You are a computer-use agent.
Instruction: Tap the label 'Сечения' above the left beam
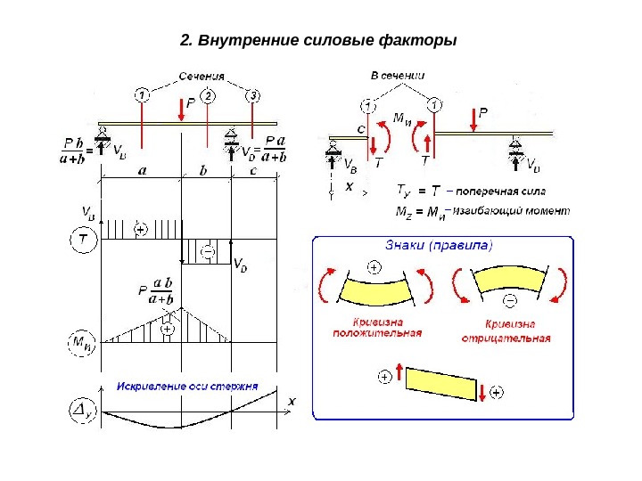click(x=206, y=77)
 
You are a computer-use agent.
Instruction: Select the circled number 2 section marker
click(x=207, y=95)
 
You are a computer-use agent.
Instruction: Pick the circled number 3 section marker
click(x=254, y=95)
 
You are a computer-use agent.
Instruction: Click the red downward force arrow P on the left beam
click(x=182, y=110)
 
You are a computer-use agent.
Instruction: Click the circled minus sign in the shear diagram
click(x=208, y=253)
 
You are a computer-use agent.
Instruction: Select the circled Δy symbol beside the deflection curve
click(x=81, y=411)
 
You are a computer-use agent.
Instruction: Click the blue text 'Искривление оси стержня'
click(x=188, y=387)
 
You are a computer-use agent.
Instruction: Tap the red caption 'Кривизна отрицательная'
click(x=506, y=331)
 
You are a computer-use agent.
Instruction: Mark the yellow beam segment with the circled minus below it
click(x=506, y=281)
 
